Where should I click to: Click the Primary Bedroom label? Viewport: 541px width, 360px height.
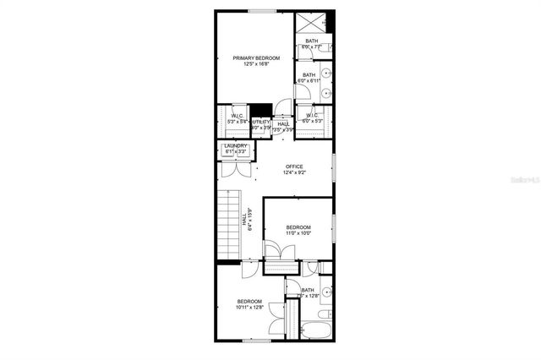(256, 57)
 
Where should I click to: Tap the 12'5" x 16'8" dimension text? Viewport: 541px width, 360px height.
(256, 64)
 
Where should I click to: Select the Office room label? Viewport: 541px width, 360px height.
(294, 166)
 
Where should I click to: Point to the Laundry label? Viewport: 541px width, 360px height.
(236, 146)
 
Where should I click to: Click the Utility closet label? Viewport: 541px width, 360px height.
(261, 123)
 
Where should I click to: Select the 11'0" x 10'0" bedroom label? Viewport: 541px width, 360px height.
(298, 228)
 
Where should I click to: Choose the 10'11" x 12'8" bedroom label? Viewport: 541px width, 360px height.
(249, 302)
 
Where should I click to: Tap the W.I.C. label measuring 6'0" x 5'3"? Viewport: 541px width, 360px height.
(311, 118)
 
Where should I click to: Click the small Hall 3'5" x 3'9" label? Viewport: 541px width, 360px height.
(283, 127)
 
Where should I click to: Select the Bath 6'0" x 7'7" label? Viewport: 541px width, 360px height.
(311, 45)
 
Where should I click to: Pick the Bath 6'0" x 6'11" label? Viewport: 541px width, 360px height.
(309, 78)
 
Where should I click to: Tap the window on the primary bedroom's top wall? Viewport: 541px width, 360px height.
(262, 10)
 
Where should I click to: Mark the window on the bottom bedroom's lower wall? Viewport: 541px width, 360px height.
(255, 341)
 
